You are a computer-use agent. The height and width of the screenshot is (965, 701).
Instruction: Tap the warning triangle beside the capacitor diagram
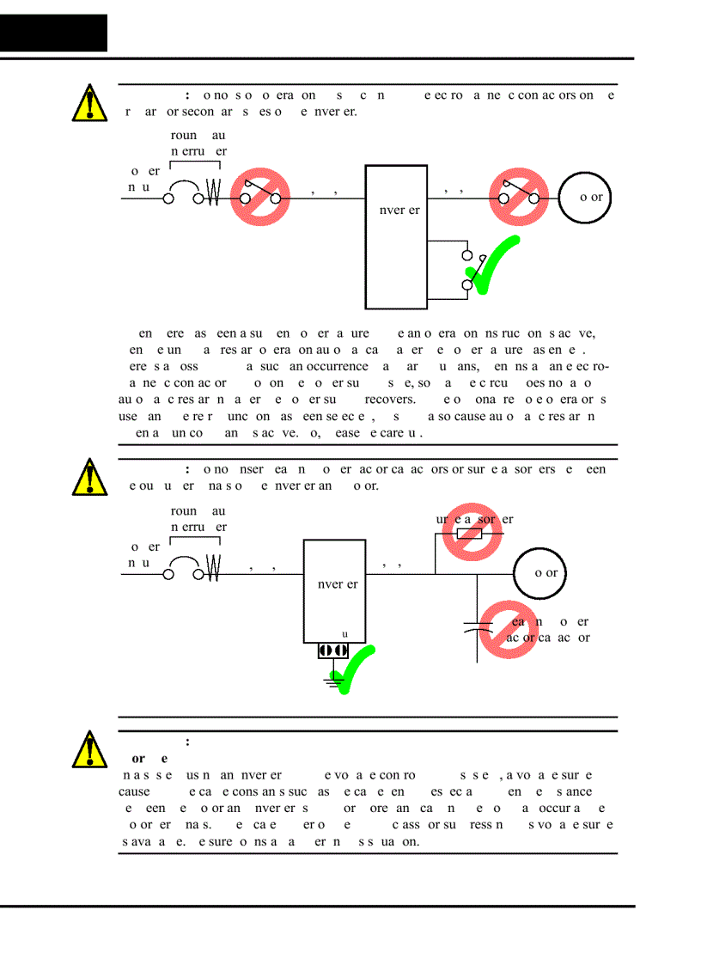click(90, 477)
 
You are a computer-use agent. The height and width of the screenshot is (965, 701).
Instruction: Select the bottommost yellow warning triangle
click(90, 748)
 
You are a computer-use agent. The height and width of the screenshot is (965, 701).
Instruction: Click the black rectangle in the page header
click(54, 33)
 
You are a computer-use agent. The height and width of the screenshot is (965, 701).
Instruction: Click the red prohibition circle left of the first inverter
click(259, 197)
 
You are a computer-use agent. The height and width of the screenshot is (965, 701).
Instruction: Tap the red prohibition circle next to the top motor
click(519, 197)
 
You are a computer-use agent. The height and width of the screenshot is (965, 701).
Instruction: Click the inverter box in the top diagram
click(396, 236)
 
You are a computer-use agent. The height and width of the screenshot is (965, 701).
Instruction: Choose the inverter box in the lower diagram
click(334, 590)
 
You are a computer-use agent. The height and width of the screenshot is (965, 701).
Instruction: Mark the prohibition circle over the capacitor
click(508, 630)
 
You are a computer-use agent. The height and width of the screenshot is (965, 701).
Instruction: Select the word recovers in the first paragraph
click(389, 399)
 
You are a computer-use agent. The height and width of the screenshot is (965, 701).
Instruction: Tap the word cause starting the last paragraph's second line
click(136, 791)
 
